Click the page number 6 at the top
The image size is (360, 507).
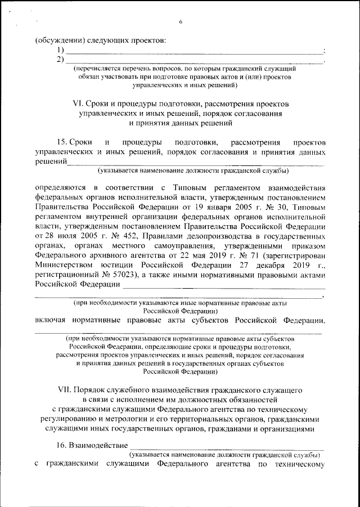pyautogui.click(x=181, y=22)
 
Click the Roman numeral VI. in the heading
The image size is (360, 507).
pyautogui.click(x=79, y=104)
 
